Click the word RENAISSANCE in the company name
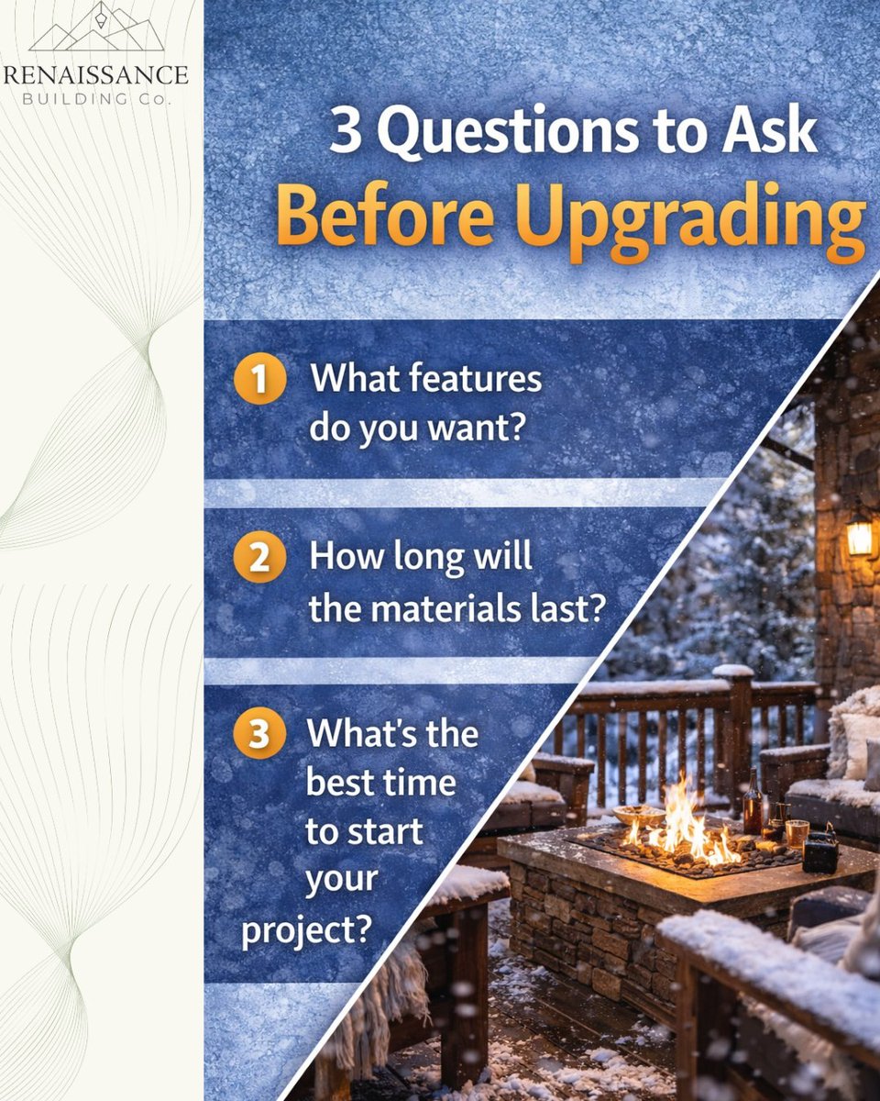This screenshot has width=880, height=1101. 96,74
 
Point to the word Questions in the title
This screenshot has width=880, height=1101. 520,134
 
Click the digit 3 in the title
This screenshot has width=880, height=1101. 346,135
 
